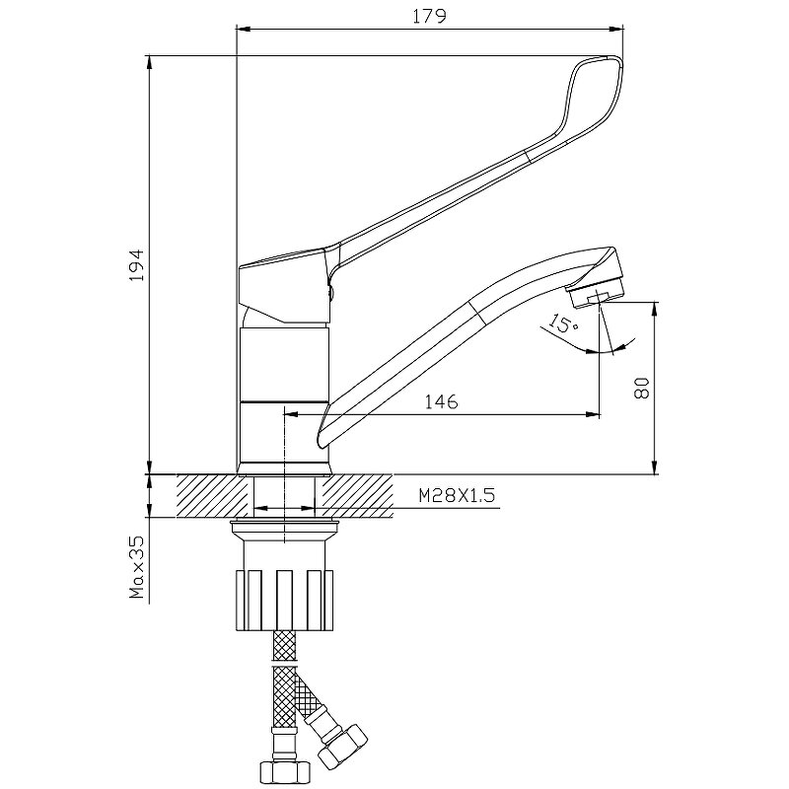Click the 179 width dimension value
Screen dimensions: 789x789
tap(429, 17)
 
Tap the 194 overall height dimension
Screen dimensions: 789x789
tap(137, 265)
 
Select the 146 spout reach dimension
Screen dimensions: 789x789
tap(441, 402)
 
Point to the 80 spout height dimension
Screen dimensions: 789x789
tap(642, 388)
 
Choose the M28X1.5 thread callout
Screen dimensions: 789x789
tap(457, 496)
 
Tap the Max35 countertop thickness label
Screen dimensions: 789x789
tap(137, 567)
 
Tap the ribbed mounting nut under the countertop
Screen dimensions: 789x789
tap(285, 601)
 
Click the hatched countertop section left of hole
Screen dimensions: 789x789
tap(214, 496)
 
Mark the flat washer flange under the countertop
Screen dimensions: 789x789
tap(285, 528)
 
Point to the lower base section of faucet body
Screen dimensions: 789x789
tap(285, 437)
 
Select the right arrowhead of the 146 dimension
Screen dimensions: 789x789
tap(594, 414)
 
